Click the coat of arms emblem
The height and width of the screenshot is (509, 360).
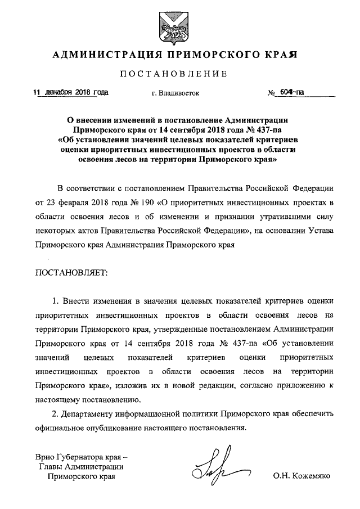click(174, 25)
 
